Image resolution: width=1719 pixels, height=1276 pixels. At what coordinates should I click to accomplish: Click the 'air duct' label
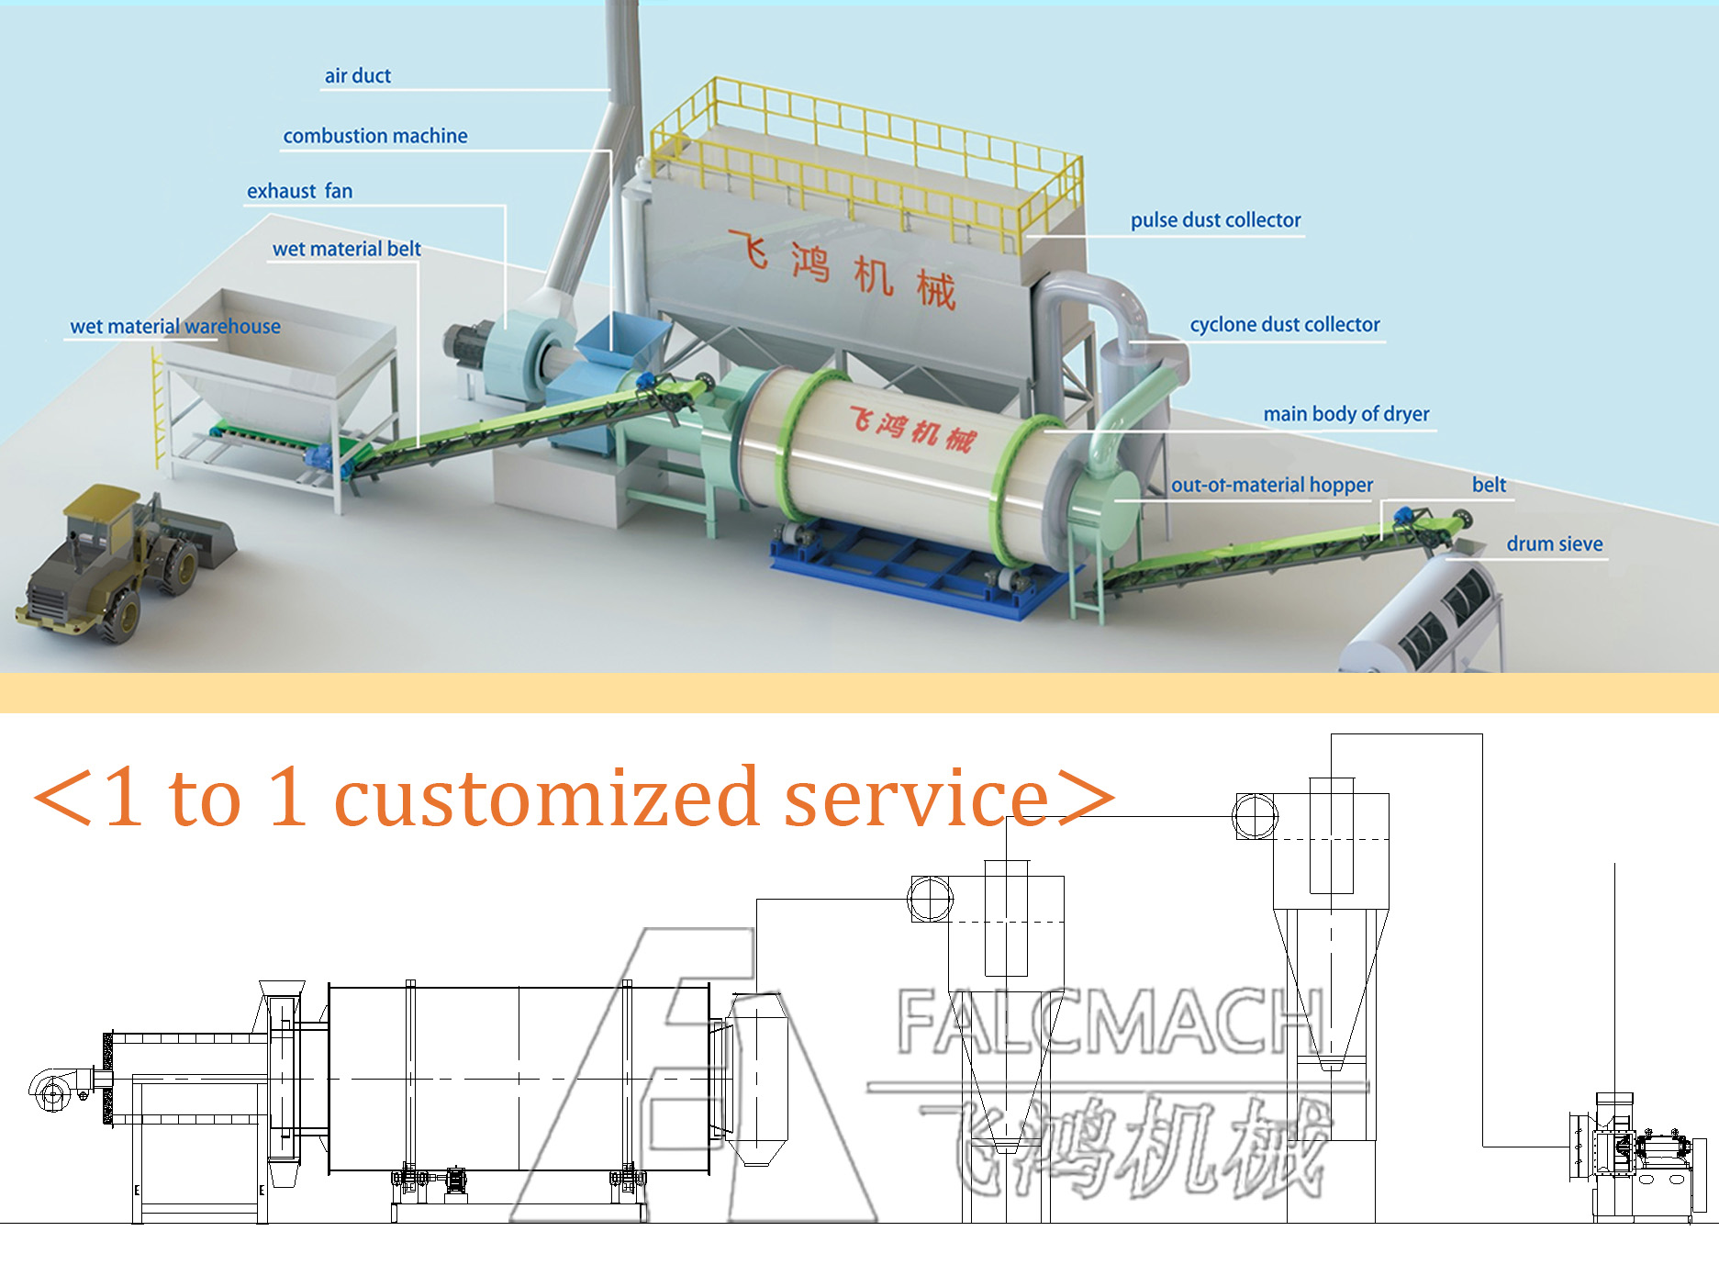point(357,76)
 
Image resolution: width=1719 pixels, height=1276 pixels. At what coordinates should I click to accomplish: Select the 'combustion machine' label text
point(374,136)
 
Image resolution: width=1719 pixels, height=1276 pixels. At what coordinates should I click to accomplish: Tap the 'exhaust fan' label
point(299,191)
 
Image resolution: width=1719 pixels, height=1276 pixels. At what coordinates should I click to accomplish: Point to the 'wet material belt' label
point(346,249)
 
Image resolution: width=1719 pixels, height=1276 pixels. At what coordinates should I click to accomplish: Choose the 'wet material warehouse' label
point(175,327)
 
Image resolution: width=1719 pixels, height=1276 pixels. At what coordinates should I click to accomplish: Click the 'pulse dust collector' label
point(1215,220)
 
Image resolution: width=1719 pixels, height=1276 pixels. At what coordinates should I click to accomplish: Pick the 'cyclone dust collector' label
point(1284,325)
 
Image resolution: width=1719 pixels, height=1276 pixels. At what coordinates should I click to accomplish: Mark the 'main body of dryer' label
point(1345,414)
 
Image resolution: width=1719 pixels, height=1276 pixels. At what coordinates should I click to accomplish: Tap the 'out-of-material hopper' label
point(1271,485)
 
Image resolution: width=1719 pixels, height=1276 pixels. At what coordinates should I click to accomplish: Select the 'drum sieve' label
point(1554,544)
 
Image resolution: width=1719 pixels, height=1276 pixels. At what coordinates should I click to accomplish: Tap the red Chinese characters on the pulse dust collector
point(842,269)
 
